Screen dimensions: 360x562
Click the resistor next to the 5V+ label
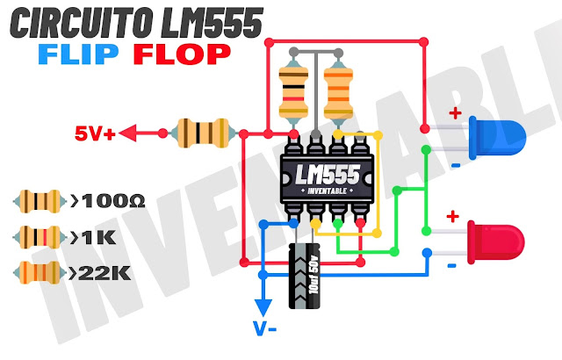[206, 133]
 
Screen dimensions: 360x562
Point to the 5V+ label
[94, 134]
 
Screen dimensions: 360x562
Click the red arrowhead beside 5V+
[129, 134]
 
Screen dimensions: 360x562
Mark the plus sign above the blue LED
[455, 114]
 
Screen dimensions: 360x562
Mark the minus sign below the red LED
[450, 263]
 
